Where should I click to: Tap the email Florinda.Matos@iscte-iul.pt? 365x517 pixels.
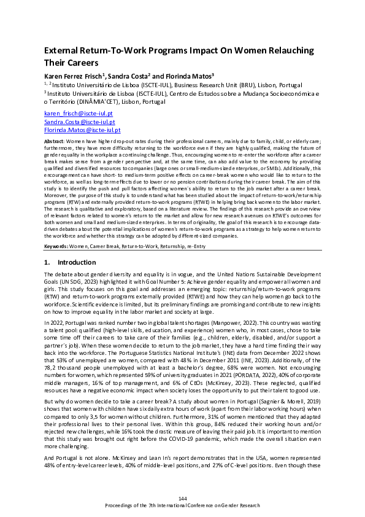tap(82, 130)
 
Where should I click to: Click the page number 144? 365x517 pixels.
tap(182, 497)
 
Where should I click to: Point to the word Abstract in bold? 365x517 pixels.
tap(55, 141)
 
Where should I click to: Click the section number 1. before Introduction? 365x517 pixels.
tap(47, 280)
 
